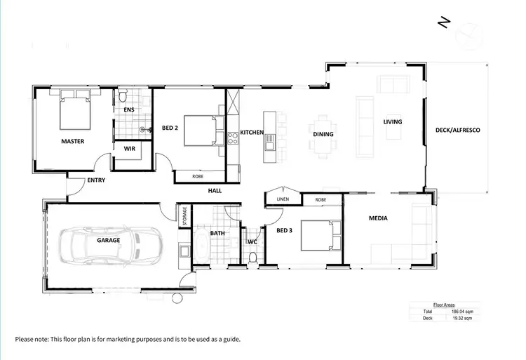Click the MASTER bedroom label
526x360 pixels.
click(72, 141)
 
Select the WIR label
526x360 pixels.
click(129, 149)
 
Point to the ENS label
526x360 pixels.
click(129, 110)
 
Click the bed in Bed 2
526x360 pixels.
click(204, 131)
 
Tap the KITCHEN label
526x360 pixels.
click(252, 132)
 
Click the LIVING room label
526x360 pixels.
click(393, 121)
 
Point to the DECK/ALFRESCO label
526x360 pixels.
click(457, 131)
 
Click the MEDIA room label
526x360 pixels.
click(379, 218)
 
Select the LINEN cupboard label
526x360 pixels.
click(283, 199)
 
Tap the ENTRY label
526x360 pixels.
click(96, 180)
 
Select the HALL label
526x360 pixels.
click(215, 190)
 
